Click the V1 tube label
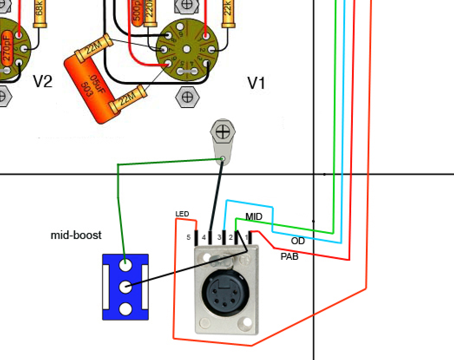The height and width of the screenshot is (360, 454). [256, 83]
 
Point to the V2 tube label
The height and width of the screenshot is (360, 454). [43, 81]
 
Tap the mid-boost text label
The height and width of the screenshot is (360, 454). [76, 236]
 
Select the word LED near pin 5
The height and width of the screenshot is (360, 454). [182, 214]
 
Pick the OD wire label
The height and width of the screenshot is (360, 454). [298, 241]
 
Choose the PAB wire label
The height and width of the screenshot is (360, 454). [289, 256]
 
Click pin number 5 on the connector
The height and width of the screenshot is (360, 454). [188, 238]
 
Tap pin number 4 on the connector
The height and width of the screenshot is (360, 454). [204, 238]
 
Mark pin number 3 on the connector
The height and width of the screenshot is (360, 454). [219, 238]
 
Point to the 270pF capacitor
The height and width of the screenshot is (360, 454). [7, 48]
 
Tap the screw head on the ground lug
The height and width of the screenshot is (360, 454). [223, 131]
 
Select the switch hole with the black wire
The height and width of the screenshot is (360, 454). [125, 286]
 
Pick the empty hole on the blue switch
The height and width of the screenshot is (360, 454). [125, 309]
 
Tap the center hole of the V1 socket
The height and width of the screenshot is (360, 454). [187, 49]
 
